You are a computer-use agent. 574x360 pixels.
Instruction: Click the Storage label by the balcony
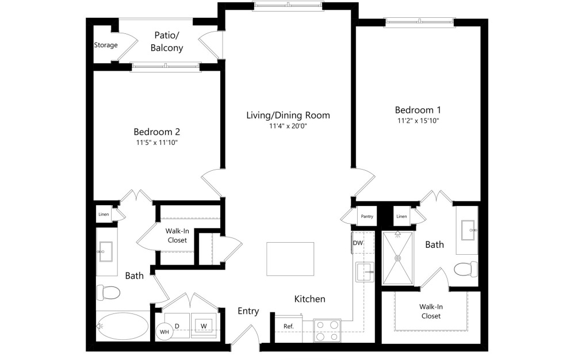[x=106, y=45]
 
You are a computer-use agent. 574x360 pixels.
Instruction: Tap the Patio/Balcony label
[x=167, y=41]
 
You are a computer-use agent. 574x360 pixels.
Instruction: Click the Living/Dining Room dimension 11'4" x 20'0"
[x=288, y=126]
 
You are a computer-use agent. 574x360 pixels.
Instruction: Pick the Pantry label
[x=367, y=217]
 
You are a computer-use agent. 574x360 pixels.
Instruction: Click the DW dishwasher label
[x=358, y=243]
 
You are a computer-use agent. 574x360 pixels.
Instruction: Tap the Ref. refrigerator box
[x=289, y=326]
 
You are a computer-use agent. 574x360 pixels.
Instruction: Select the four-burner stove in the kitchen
[x=327, y=331]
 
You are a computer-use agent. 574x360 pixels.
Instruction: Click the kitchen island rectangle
[x=290, y=259]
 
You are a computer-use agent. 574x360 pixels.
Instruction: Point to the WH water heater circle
[x=164, y=332]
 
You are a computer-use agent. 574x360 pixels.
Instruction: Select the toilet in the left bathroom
[x=108, y=293]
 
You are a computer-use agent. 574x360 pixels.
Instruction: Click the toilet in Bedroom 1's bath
[x=465, y=269]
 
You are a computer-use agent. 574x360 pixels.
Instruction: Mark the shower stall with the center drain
[x=397, y=258]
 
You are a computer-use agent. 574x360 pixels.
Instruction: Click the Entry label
[x=248, y=311]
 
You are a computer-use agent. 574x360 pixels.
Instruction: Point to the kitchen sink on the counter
[x=364, y=272]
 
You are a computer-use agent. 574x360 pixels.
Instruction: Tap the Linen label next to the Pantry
[x=401, y=217]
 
